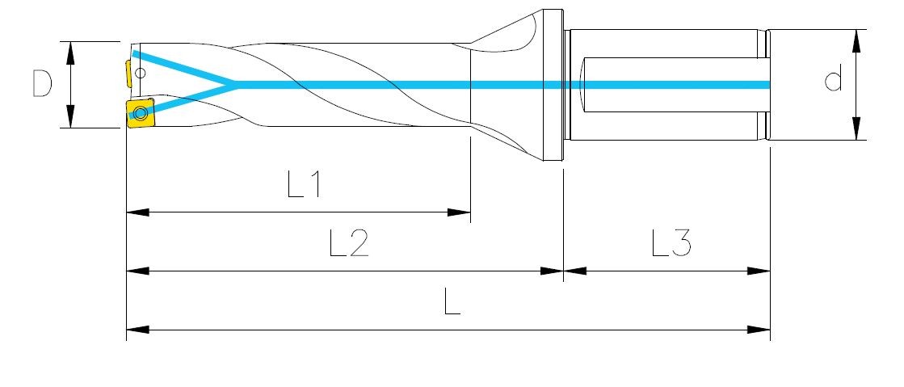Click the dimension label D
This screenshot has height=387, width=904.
coord(42,84)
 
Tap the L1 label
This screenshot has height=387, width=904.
coord(304,184)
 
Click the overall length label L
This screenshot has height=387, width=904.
coord(452,301)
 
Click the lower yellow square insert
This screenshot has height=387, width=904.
coord(140,112)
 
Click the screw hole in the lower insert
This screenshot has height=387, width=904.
coord(140,111)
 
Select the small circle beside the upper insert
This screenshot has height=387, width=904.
coord(141,73)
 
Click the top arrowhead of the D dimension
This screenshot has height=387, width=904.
coord(70,53)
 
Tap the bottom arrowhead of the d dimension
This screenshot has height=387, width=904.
coord(856,128)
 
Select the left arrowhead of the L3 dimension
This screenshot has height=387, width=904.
coord(575,271)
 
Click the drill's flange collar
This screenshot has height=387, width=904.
coord(553,86)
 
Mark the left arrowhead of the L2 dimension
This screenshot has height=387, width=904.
coord(138,271)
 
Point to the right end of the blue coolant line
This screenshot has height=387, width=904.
coord(770,85)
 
